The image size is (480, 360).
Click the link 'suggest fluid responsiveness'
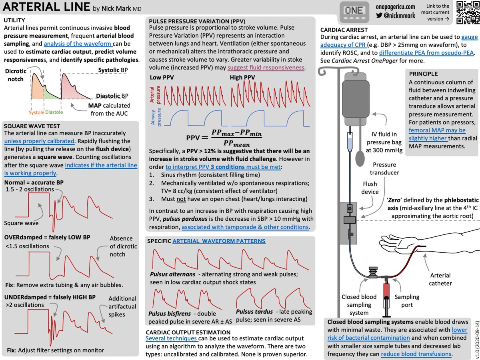point(266,67)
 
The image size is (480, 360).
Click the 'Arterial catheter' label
point(440,279)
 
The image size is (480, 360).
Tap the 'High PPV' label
point(242,77)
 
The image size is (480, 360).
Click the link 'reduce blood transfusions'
point(416,354)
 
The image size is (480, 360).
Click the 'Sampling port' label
point(407,300)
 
